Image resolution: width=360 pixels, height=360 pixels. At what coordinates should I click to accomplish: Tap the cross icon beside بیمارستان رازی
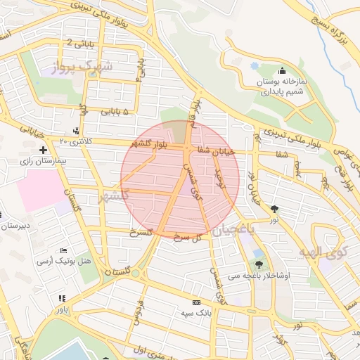click(x=44, y=150)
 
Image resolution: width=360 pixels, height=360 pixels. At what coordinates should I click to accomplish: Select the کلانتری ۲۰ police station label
click(x=76, y=141)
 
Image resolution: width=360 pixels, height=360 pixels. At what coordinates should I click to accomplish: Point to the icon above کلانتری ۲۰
click(x=76, y=130)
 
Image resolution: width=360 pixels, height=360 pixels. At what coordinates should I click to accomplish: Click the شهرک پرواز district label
click(x=87, y=67)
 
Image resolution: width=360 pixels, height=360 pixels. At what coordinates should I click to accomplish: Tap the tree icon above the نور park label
click(x=274, y=209)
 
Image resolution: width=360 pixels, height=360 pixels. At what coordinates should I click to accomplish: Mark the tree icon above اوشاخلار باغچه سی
click(x=259, y=265)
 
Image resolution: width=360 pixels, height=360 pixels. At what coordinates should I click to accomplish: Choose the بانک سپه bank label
click(x=196, y=311)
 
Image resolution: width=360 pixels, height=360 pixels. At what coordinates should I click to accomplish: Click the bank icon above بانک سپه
click(x=196, y=302)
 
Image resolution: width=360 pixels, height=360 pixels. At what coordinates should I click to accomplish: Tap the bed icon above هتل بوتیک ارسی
click(x=64, y=250)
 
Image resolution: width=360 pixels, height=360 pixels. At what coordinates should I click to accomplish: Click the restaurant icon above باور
click(x=62, y=299)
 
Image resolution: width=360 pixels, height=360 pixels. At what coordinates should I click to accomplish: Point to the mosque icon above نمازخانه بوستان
click(x=282, y=70)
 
